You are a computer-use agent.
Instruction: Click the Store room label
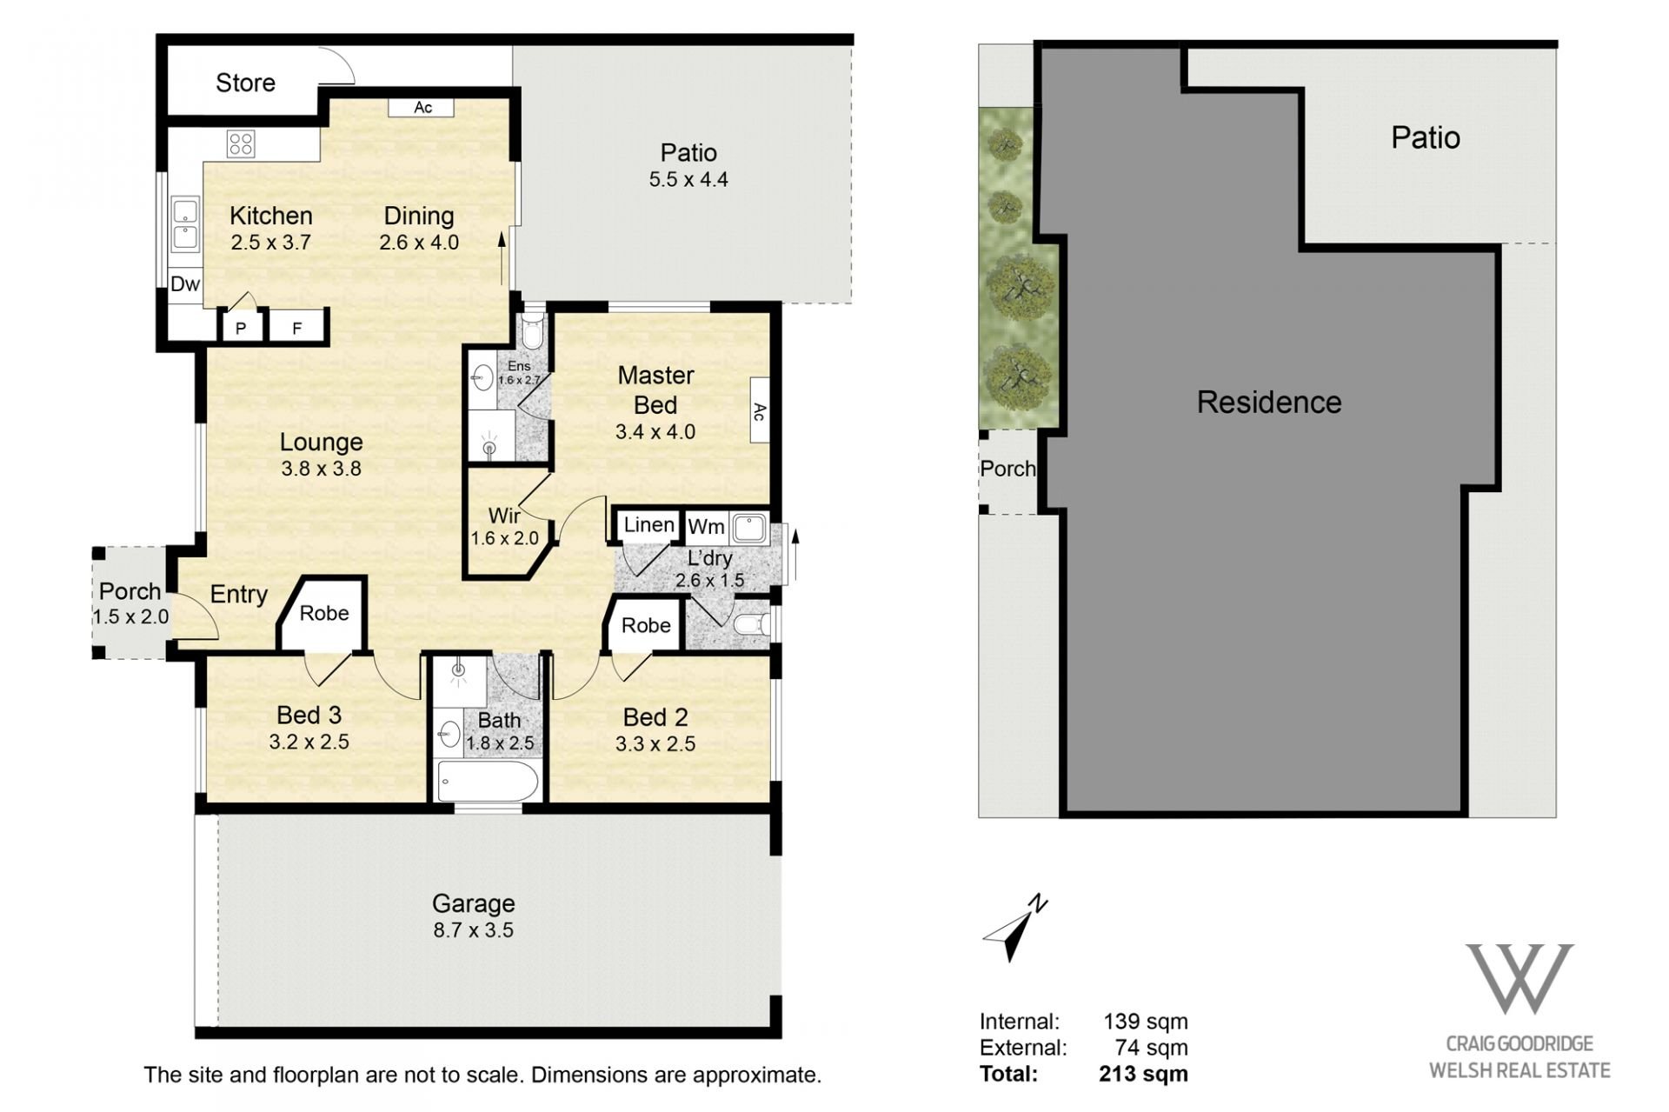tap(245, 83)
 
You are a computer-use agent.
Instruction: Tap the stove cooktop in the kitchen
tap(241, 143)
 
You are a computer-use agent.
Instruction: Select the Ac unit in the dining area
tap(422, 107)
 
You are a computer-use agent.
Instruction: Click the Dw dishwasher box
tap(185, 284)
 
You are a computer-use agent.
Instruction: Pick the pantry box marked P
tap(242, 328)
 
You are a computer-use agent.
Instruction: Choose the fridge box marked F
tap(296, 328)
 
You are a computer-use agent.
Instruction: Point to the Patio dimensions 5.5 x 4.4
tap(688, 180)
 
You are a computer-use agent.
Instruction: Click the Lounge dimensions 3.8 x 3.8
tap(321, 469)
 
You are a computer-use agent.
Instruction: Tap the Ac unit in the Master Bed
tap(759, 411)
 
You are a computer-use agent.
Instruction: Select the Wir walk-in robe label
tap(504, 516)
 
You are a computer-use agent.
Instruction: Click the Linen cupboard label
tap(649, 525)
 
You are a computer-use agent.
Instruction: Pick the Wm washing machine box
tap(706, 527)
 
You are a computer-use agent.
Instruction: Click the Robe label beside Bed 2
tap(646, 626)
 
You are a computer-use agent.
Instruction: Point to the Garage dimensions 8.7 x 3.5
tap(474, 930)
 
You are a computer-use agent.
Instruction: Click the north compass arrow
tap(1014, 929)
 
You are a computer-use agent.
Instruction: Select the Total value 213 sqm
tap(1143, 1075)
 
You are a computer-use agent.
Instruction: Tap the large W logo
tap(1519, 978)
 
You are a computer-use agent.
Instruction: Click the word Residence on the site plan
tap(1269, 403)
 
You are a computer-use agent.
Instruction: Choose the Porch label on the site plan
tap(1008, 469)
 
